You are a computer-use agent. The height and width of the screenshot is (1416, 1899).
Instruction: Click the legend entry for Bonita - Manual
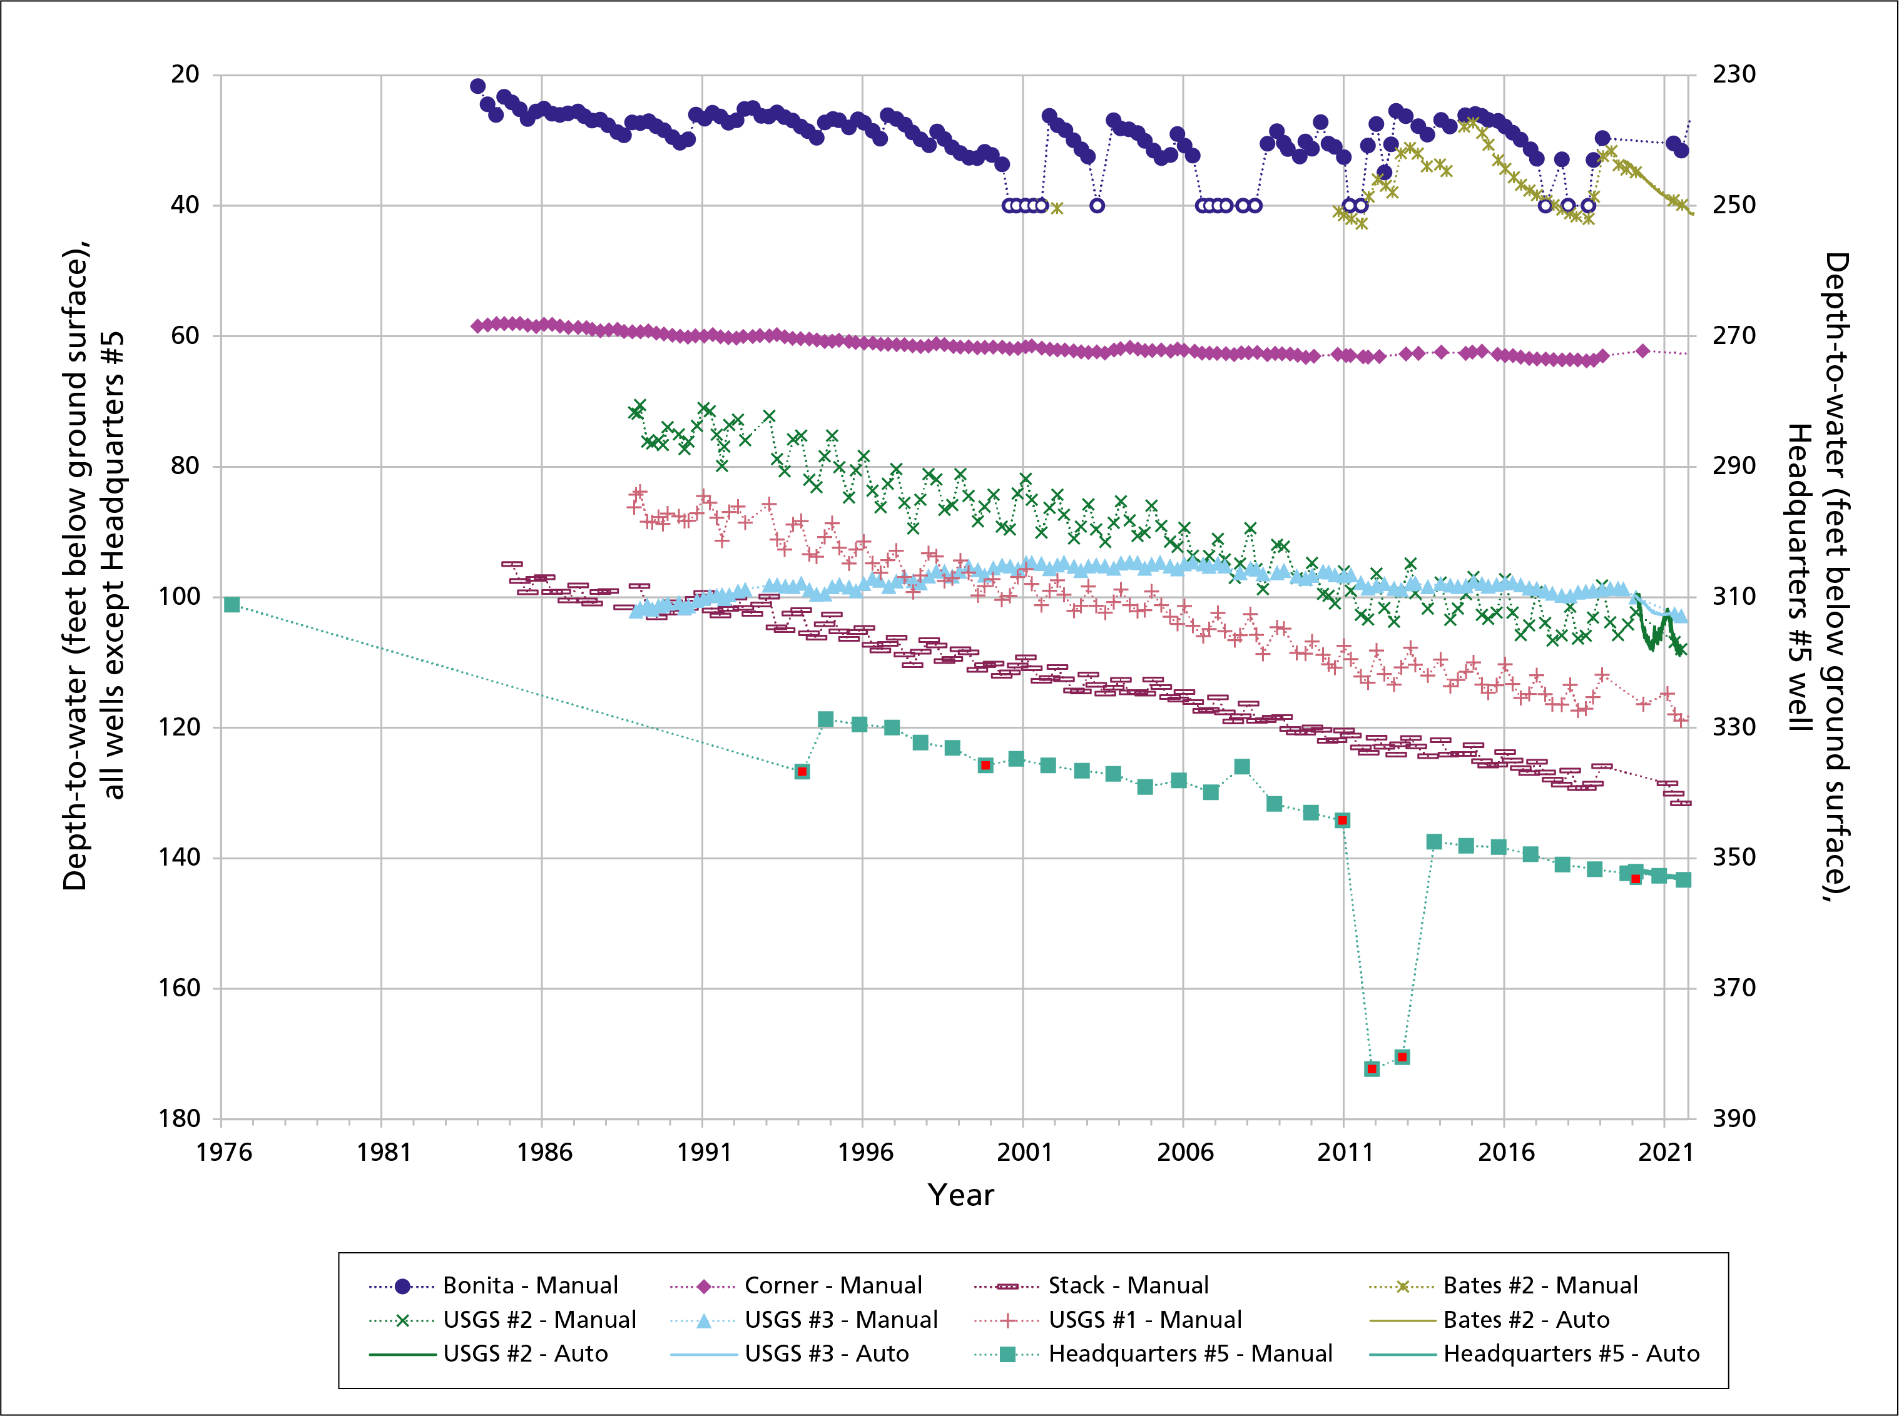pos(530,1286)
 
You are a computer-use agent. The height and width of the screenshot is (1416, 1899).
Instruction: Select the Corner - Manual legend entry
pos(832,1286)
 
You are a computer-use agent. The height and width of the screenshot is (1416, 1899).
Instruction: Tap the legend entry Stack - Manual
pos(1128,1286)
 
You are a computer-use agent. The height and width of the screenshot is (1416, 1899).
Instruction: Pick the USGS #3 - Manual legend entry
pos(840,1320)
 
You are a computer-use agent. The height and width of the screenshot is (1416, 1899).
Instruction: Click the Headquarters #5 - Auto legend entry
pos(1571,1354)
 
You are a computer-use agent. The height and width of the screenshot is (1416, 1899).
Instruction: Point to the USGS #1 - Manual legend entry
pos(1144,1320)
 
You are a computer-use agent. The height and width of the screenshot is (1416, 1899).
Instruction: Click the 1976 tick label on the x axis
pos(224,1152)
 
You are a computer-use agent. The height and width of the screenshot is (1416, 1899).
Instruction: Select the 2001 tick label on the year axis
pos(1024,1152)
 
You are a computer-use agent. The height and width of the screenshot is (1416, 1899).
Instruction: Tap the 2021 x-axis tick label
pos(1665,1152)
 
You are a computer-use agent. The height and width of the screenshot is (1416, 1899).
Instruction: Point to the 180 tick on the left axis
pos(185,1118)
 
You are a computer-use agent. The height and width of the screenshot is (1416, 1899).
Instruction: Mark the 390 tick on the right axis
pos(1734,1118)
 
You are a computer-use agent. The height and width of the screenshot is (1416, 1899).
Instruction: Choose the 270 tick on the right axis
pos(1734,335)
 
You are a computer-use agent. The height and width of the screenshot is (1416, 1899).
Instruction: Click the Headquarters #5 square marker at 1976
pos(232,605)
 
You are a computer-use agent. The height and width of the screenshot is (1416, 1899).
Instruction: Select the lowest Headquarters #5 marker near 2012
pos(1372,1069)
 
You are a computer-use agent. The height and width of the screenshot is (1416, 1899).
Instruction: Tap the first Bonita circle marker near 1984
pos(477,86)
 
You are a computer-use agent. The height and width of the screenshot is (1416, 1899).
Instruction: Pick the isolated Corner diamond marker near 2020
pos(1642,351)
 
